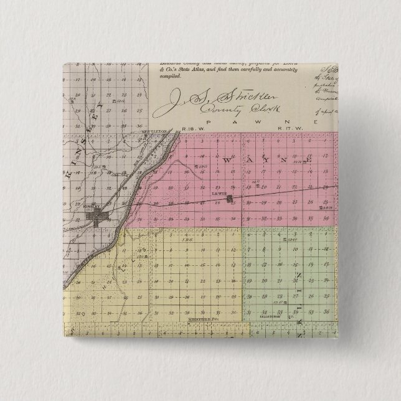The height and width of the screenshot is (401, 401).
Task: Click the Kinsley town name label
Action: click(x=93, y=210)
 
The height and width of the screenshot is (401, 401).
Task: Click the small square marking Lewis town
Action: click(x=230, y=199)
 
